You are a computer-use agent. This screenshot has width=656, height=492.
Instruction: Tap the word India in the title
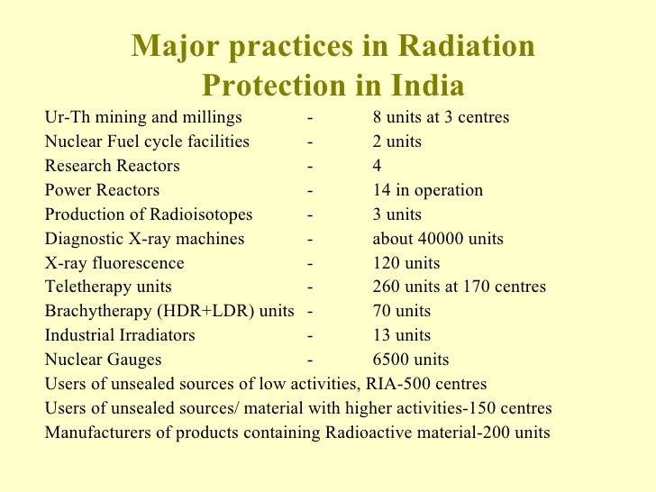(427, 87)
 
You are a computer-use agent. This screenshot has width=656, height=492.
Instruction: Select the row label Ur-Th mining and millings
(143, 118)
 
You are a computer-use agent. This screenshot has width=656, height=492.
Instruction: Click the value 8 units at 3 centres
(441, 118)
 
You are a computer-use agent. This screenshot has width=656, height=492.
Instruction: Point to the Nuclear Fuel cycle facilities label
(147, 142)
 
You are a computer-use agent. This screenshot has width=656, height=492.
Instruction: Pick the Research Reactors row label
(112, 167)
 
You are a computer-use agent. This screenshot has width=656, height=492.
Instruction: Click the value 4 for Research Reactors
(377, 167)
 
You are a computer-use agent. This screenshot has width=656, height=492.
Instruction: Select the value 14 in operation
(427, 191)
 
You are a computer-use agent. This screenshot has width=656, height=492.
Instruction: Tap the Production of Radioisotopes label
(149, 215)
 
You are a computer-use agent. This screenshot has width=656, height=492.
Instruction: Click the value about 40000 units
(438, 240)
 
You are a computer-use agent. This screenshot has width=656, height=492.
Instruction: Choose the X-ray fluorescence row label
(114, 264)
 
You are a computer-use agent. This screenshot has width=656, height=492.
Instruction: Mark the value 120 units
(405, 264)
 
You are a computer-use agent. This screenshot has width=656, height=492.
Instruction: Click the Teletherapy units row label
(107, 287)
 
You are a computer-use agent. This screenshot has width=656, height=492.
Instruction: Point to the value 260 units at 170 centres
(459, 287)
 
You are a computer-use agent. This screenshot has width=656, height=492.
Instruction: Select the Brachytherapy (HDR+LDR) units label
(169, 312)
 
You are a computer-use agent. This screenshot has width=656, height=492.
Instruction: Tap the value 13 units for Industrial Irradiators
(401, 336)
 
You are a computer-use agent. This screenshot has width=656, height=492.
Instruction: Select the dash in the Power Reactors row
(309, 191)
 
